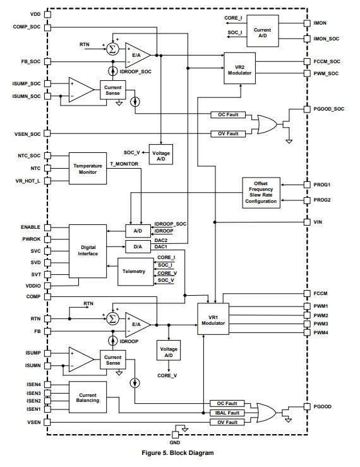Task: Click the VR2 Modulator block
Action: pos(239,68)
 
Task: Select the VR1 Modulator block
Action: pos(213,319)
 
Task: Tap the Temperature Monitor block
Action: pos(88,168)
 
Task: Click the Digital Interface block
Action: pos(88,251)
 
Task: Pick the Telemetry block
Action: pos(136,272)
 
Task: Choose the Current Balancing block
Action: pos(88,397)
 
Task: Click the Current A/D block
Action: pos(263,31)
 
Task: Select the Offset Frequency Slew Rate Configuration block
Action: pos(261,193)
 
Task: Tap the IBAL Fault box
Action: pos(227,413)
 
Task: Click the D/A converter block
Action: pos(138,246)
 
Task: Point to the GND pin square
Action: pos(176,435)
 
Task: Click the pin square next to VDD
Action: pos(47,15)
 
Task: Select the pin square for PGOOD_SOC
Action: pos(307,109)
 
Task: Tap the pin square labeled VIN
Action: pos(307,222)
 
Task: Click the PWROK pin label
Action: pos(32,239)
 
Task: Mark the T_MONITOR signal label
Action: pos(124,164)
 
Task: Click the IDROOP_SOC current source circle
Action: pos(112,71)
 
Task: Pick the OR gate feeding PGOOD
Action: pos(266,413)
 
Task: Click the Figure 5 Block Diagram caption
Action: pos(177,453)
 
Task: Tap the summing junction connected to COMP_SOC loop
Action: pos(112,49)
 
